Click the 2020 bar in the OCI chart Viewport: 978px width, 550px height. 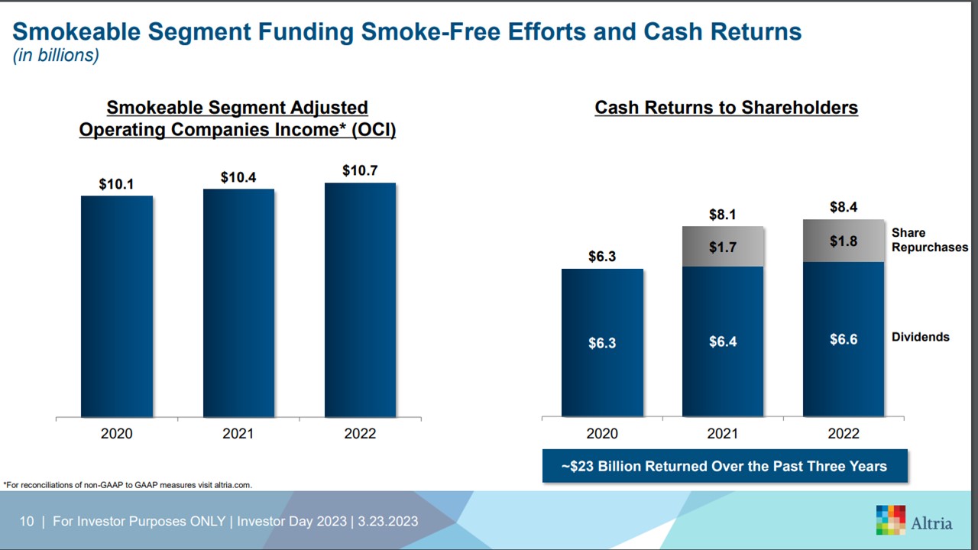[x=117, y=306]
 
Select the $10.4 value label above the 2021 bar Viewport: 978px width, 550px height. [x=238, y=177]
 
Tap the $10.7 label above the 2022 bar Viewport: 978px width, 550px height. [x=360, y=170]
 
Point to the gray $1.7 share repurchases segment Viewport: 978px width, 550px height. [x=723, y=247]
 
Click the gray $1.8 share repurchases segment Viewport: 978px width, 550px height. [x=844, y=241]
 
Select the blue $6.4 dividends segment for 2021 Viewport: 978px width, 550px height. [x=723, y=341]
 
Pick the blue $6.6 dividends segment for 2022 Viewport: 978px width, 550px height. [x=844, y=339]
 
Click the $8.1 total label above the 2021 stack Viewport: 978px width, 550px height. [x=723, y=215]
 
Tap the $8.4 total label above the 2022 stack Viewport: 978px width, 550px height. [x=844, y=207]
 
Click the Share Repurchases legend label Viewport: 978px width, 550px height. [x=929, y=240]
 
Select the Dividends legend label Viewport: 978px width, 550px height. [x=920, y=337]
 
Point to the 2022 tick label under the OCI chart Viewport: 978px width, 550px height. [x=360, y=434]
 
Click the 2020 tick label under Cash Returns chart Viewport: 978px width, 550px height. [x=602, y=434]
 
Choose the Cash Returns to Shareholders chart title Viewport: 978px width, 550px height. [x=726, y=108]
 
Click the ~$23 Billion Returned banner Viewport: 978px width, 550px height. [x=724, y=466]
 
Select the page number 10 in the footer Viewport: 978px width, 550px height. [x=27, y=521]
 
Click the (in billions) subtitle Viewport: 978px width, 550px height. [x=56, y=56]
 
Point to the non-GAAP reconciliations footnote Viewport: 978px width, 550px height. [x=128, y=484]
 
